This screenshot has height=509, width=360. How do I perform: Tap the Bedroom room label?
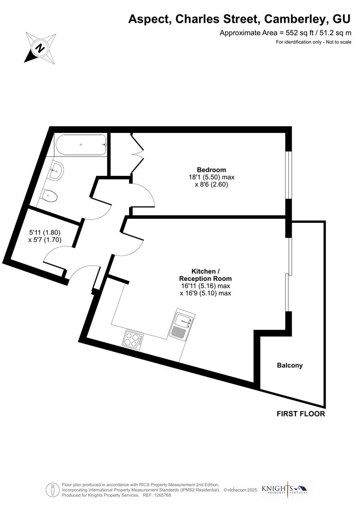211,170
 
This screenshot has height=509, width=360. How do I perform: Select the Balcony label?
290,365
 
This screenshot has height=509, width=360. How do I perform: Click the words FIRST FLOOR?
301,414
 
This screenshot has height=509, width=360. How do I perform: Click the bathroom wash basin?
57,170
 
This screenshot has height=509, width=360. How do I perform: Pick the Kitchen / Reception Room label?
205,275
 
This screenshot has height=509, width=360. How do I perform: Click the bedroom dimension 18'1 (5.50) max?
211,177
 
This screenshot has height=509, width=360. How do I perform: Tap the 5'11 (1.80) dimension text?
45,232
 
